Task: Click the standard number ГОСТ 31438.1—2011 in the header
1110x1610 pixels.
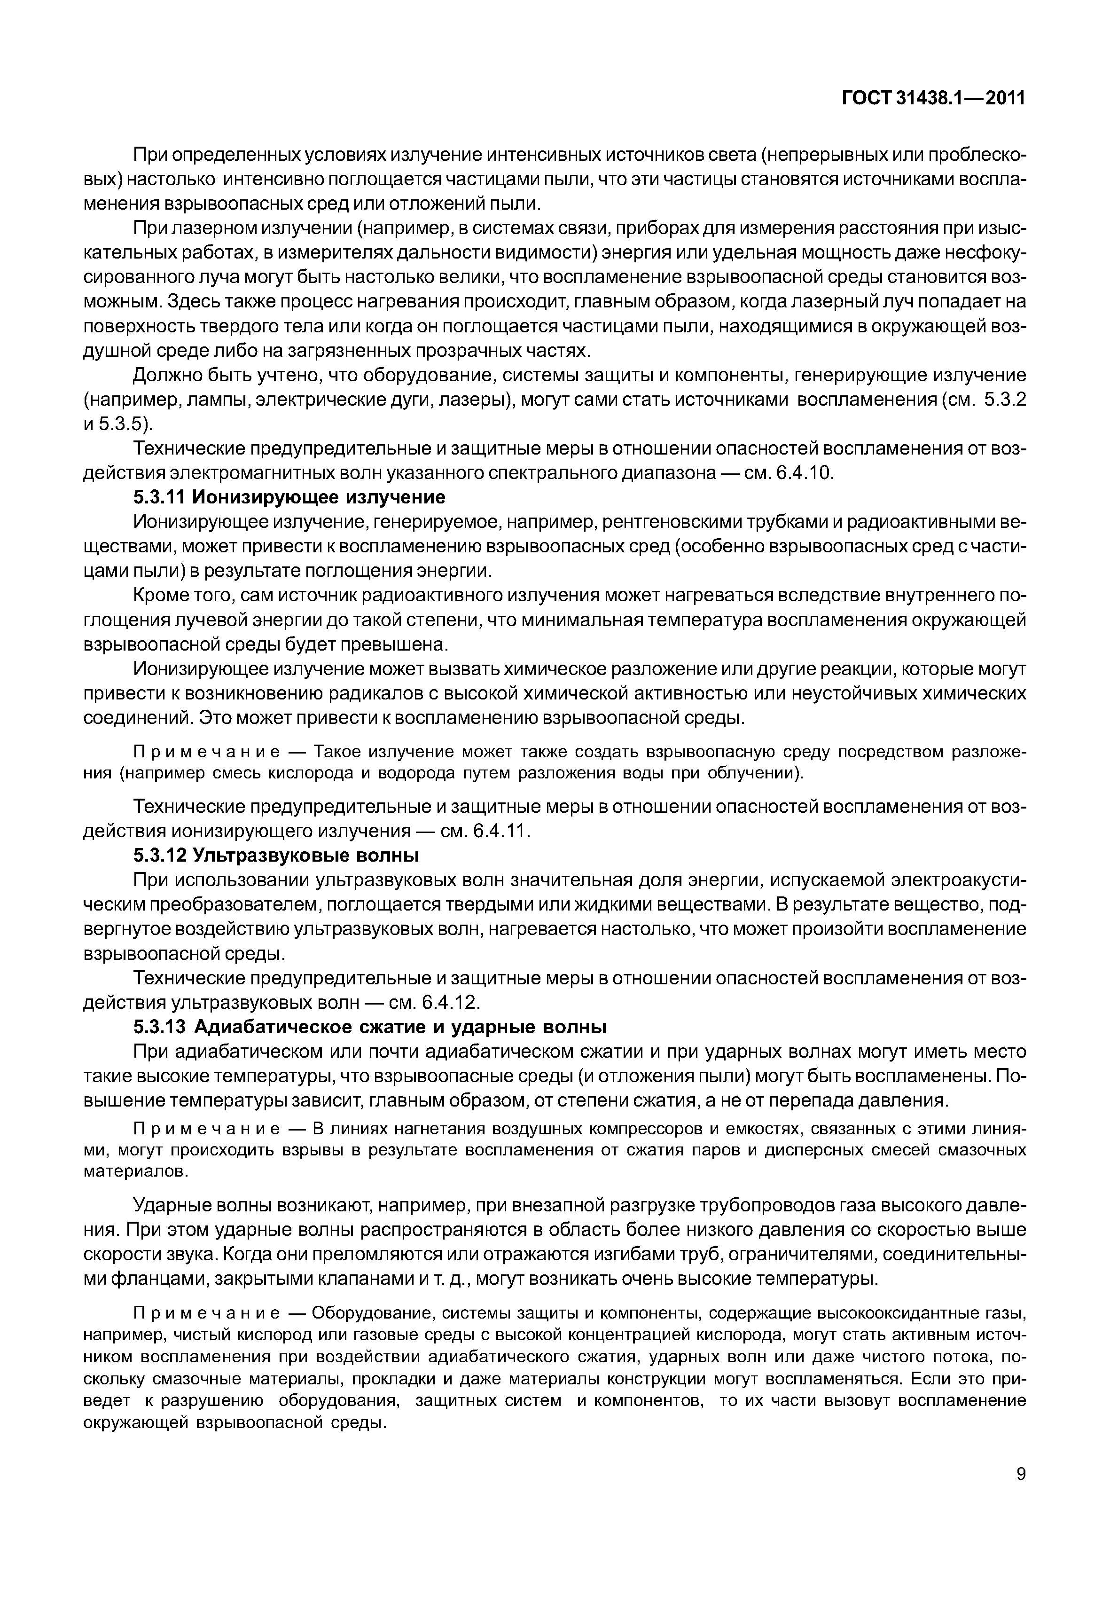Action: click(934, 99)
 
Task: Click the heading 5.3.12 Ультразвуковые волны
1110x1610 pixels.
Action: click(276, 855)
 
